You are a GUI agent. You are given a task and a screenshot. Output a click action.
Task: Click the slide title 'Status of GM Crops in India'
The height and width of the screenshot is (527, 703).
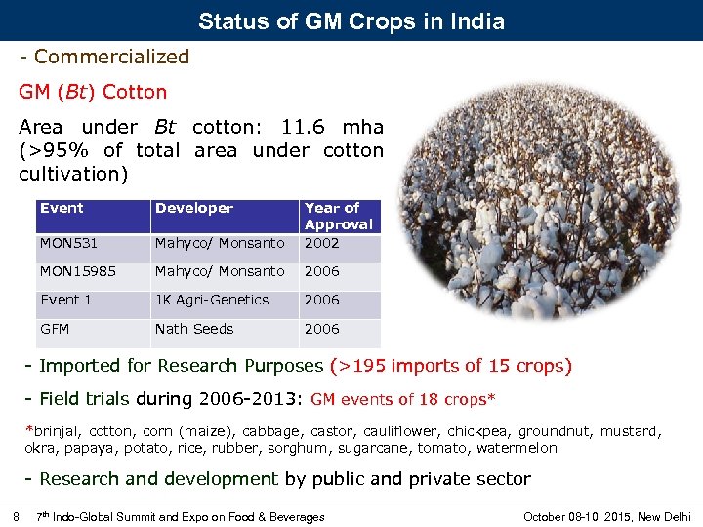click(x=351, y=20)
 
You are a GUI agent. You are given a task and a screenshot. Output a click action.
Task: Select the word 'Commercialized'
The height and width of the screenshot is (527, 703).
click(x=111, y=57)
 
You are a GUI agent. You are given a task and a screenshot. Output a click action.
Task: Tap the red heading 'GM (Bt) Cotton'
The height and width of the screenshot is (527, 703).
click(x=93, y=92)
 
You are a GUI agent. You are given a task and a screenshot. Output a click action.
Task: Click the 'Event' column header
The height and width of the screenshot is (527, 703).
click(x=62, y=208)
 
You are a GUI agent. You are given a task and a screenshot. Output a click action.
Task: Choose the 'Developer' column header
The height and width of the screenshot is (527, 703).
click(x=194, y=208)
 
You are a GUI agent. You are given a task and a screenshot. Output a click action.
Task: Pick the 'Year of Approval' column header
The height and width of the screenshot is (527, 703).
click(x=338, y=216)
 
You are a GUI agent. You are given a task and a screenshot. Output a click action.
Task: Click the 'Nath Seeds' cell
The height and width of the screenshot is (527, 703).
click(x=194, y=329)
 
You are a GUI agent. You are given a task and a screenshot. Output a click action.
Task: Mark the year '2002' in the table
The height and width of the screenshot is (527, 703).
click(x=321, y=243)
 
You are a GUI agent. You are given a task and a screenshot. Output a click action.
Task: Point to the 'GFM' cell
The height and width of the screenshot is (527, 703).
click(x=55, y=329)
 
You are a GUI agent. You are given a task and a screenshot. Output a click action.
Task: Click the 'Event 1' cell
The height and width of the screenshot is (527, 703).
click(x=65, y=300)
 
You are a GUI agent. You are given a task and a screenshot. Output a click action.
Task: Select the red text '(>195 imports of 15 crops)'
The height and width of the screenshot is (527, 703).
click(x=451, y=366)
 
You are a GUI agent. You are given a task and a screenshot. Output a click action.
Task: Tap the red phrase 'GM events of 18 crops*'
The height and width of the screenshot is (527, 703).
click(x=403, y=399)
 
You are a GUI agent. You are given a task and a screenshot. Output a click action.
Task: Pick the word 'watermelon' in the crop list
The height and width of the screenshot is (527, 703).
click(x=518, y=448)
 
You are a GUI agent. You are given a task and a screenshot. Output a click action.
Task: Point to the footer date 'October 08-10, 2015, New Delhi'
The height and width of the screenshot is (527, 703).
click(x=606, y=516)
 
